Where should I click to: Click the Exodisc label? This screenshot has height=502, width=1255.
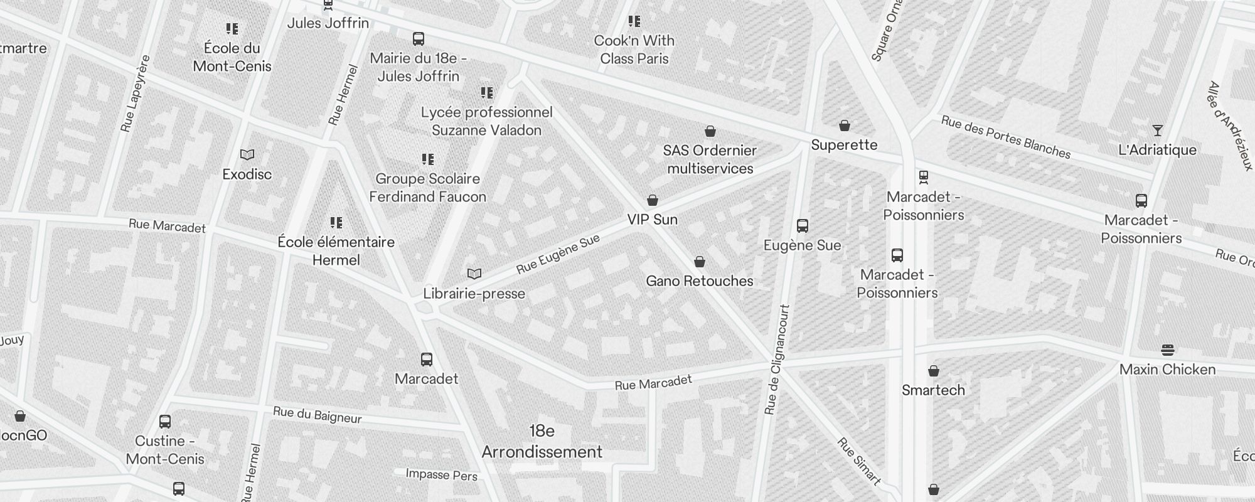[x=247, y=174]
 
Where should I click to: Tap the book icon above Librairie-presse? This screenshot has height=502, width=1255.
[x=474, y=274]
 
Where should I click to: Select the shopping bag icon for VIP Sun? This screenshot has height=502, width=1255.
[x=653, y=200]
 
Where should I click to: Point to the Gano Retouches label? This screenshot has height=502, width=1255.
[x=700, y=281]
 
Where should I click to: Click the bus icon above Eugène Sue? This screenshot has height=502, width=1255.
[x=802, y=226]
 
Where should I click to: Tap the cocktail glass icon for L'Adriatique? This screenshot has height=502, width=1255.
[x=1158, y=131]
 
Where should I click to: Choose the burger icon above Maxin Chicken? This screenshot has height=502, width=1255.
[x=1168, y=350]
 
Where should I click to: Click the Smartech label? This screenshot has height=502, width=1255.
[x=933, y=390]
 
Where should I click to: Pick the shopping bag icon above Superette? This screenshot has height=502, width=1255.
[x=845, y=125]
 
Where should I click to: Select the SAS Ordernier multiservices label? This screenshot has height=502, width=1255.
[x=710, y=159]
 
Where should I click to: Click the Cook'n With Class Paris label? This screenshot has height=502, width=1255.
[x=634, y=50]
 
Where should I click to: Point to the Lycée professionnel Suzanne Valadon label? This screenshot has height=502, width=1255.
[x=487, y=121]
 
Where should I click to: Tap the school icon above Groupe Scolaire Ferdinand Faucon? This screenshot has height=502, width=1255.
[x=428, y=159]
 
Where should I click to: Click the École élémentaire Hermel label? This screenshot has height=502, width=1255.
[x=336, y=251]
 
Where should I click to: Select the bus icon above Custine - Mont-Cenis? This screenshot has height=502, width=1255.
[x=165, y=421]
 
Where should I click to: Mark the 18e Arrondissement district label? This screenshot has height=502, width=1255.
[x=542, y=442]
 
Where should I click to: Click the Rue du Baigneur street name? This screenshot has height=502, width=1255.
[x=318, y=415]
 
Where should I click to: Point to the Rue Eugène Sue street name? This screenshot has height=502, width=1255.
[x=558, y=254]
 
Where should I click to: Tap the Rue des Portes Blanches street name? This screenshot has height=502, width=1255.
[x=1005, y=137]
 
